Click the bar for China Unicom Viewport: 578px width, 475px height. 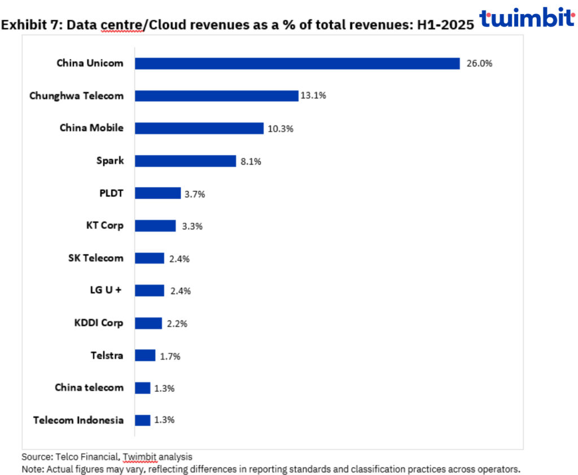tap(297, 63)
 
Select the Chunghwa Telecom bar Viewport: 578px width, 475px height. tap(216, 96)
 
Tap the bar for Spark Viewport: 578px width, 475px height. tap(185, 161)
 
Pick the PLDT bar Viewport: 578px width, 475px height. tap(157, 193)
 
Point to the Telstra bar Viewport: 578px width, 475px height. tap(145, 356)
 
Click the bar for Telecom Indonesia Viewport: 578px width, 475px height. tap(143, 420)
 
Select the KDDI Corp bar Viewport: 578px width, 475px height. tap(148, 323)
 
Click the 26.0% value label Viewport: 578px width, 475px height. tap(479, 63)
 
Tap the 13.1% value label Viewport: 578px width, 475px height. tap(313, 96)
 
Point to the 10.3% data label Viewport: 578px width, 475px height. tap(281, 129)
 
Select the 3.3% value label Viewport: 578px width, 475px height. tap(192, 226)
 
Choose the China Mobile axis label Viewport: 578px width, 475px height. tap(91, 128)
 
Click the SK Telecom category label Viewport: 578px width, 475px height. tap(95, 258)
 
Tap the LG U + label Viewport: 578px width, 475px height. tap(102, 291)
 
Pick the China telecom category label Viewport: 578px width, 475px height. tap(89, 387)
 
